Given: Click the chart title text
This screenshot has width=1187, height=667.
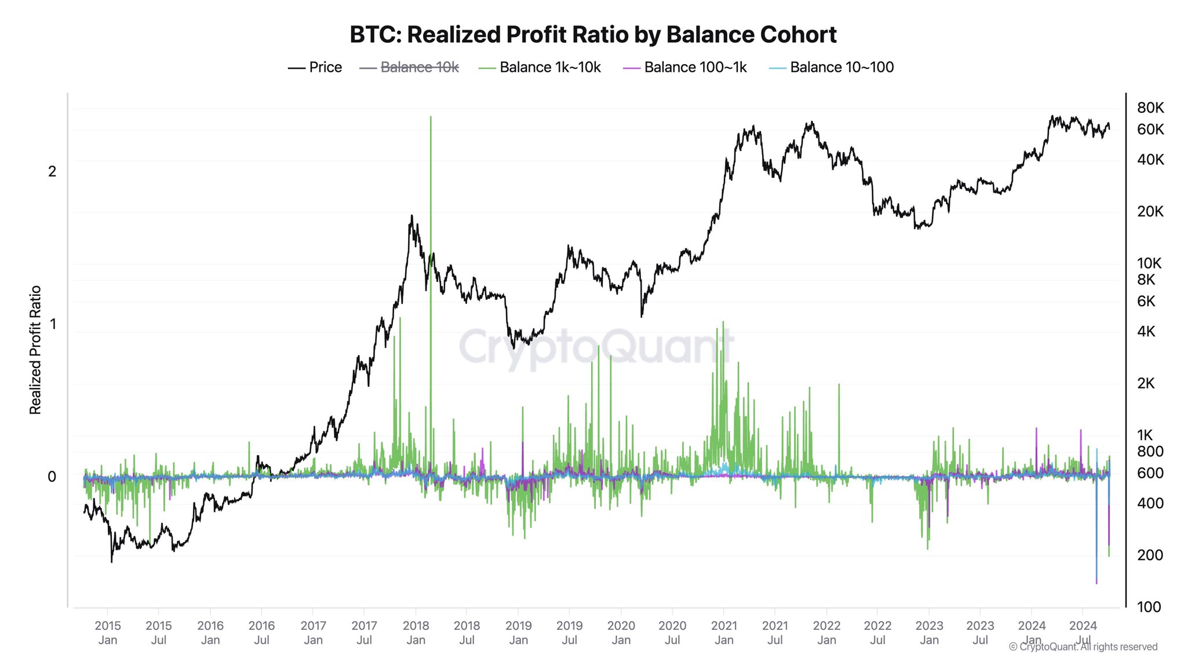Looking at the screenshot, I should pos(593,35).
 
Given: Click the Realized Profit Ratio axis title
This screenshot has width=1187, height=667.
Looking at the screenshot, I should pos(35,350).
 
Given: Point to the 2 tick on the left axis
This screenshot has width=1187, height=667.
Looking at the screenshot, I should pos(52,171).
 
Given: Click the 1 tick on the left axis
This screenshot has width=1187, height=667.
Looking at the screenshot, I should pos(53,324).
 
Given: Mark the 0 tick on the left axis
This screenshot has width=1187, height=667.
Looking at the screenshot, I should pos(52,477).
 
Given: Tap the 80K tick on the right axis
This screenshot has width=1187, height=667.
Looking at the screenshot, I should pos(1150,108).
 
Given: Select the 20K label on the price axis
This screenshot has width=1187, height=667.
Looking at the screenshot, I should pos(1150,211).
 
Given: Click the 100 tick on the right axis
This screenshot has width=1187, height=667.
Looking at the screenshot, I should pos(1149,607).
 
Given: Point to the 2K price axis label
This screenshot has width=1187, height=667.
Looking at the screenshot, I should pos(1146,383).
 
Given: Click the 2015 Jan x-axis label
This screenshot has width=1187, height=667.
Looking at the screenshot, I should pos(108,632).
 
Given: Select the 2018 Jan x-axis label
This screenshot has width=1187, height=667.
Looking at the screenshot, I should pos(416,632).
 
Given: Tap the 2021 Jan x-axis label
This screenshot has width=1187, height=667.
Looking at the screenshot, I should pos(724,632).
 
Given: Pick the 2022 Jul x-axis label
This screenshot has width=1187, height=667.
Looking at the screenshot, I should pos(877,632).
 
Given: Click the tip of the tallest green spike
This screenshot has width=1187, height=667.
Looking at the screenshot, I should pos(431,118).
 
